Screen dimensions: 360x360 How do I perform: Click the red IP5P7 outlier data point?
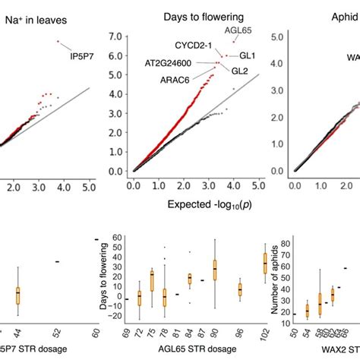58,42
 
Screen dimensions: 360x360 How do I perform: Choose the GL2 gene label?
241,71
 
